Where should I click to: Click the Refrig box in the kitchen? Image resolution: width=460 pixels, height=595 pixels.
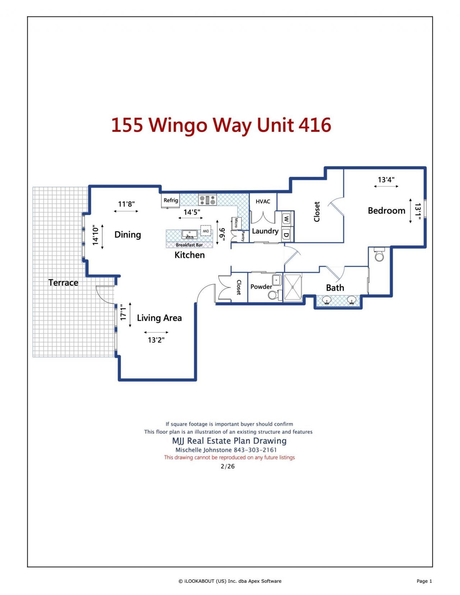coord(171,201)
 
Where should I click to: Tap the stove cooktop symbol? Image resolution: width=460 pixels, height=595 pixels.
coord(207,200)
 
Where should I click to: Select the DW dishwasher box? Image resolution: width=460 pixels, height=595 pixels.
coord(206,231)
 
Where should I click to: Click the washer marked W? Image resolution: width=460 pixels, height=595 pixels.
coord(286,218)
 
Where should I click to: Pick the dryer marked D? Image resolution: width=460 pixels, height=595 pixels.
coord(286,235)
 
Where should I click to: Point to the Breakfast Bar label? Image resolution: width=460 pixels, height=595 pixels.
coord(189,245)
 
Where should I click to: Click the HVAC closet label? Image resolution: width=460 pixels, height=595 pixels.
coord(263,201)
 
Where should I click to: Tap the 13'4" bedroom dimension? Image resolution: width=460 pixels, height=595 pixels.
coord(386,180)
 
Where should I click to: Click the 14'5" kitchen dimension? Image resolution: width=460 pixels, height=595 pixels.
coord(192,212)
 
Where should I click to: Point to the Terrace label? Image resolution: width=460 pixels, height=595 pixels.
coord(63,283)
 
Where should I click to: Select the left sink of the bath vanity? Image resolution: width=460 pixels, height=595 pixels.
coord(327,299)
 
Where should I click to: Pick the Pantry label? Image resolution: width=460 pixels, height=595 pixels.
coord(243,236)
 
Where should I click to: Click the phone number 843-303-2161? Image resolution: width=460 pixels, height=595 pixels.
coord(255,450)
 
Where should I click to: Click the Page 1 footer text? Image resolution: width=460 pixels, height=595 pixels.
coord(424,581)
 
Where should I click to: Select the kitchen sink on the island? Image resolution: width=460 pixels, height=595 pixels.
coord(189,234)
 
